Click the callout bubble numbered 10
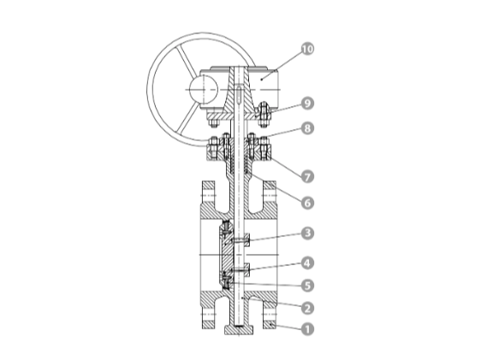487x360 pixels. pyautogui.click(x=307, y=49)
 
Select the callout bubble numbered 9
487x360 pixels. pyautogui.click(x=307, y=103)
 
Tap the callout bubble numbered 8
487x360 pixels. pyautogui.click(x=307, y=128)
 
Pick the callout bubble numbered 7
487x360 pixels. pyautogui.click(x=307, y=177)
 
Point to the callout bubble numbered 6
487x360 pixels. pyautogui.click(x=307, y=203)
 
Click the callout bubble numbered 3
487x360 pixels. pyautogui.click(x=307, y=233)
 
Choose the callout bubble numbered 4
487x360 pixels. pyautogui.click(x=307, y=263)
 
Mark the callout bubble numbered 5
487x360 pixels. pyautogui.click(x=307, y=286)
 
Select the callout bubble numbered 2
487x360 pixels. pyautogui.click(x=307, y=308)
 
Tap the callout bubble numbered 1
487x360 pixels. pyautogui.click(x=307, y=329)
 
